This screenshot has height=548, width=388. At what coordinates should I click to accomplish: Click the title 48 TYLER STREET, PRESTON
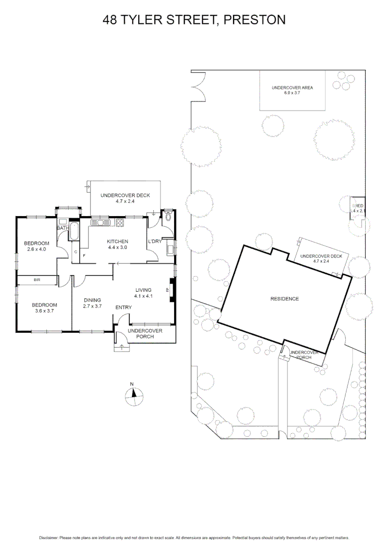click(x=194, y=20)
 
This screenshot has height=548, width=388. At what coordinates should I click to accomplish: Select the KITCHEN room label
click(x=117, y=242)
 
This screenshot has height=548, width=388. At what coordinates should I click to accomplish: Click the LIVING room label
click(x=143, y=290)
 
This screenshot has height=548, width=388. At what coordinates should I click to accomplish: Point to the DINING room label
click(x=92, y=300)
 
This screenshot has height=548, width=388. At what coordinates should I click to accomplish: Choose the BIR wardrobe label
click(x=37, y=280)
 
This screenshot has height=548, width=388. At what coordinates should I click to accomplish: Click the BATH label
click(x=62, y=228)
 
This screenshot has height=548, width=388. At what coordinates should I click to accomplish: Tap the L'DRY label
click(x=154, y=242)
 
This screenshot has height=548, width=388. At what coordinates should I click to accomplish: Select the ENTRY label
click(x=123, y=307)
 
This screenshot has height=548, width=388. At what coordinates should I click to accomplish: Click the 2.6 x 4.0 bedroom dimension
click(x=36, y=249)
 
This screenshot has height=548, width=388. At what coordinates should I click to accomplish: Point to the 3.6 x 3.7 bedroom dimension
click(x=44, y=311)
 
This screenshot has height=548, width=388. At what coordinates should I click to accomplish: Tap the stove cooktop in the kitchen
click(x=120, y=222)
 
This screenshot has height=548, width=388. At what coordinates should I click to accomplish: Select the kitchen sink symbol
click(x=100, y=222)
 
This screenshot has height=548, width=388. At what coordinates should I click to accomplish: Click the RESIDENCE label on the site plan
click(x=284, y=299)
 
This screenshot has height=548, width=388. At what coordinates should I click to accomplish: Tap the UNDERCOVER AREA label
click(x=292, y=88)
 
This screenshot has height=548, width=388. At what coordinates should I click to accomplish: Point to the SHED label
click(x=358, y=205)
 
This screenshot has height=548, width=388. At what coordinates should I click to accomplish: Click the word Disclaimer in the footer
click(x=49, y=538)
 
